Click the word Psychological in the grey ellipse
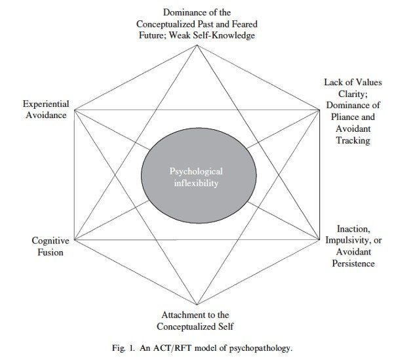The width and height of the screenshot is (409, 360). coord(197,172)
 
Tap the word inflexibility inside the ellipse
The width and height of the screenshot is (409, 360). coord(197,184)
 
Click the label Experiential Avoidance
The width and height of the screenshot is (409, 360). coord(45,110)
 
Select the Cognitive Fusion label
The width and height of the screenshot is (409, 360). coord(50,247)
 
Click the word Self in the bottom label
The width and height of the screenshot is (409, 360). coord(226,327)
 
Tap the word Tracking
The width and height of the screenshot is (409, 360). coord(353,140)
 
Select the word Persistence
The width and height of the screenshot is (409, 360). coord(353,264)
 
